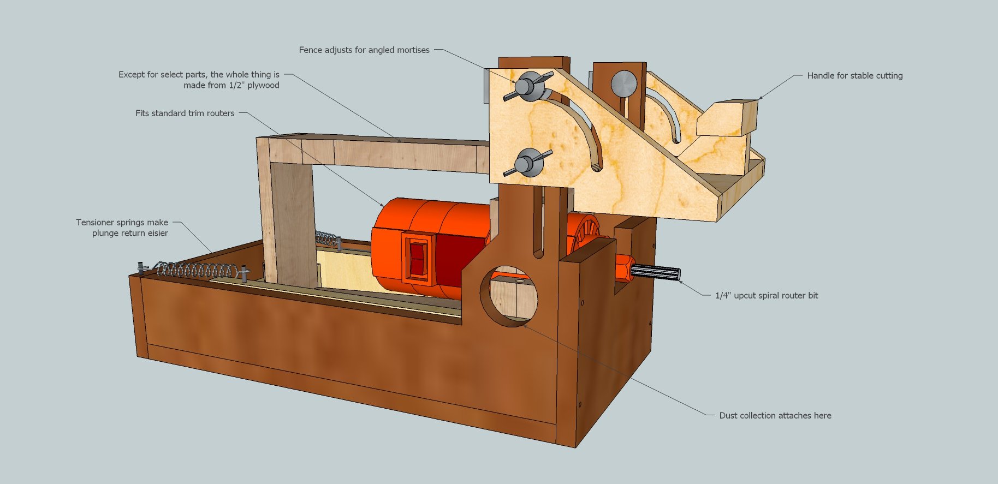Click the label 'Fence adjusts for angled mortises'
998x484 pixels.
[364, 50]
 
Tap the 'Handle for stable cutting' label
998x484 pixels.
[854, 76]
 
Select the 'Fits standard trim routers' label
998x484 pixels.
[185, 113]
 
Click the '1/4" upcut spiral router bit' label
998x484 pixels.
[767, 296]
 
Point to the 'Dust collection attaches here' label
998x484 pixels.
[775, 416]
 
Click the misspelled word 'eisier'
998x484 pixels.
[156, 234]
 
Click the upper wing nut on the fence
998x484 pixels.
[527, 86]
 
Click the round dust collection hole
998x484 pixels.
[509, 296]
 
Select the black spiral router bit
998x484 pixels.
[655, 272]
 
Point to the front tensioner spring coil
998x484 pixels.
[199, 270]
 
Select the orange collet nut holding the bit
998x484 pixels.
[623, 268]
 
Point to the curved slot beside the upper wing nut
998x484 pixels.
[579, 126]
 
